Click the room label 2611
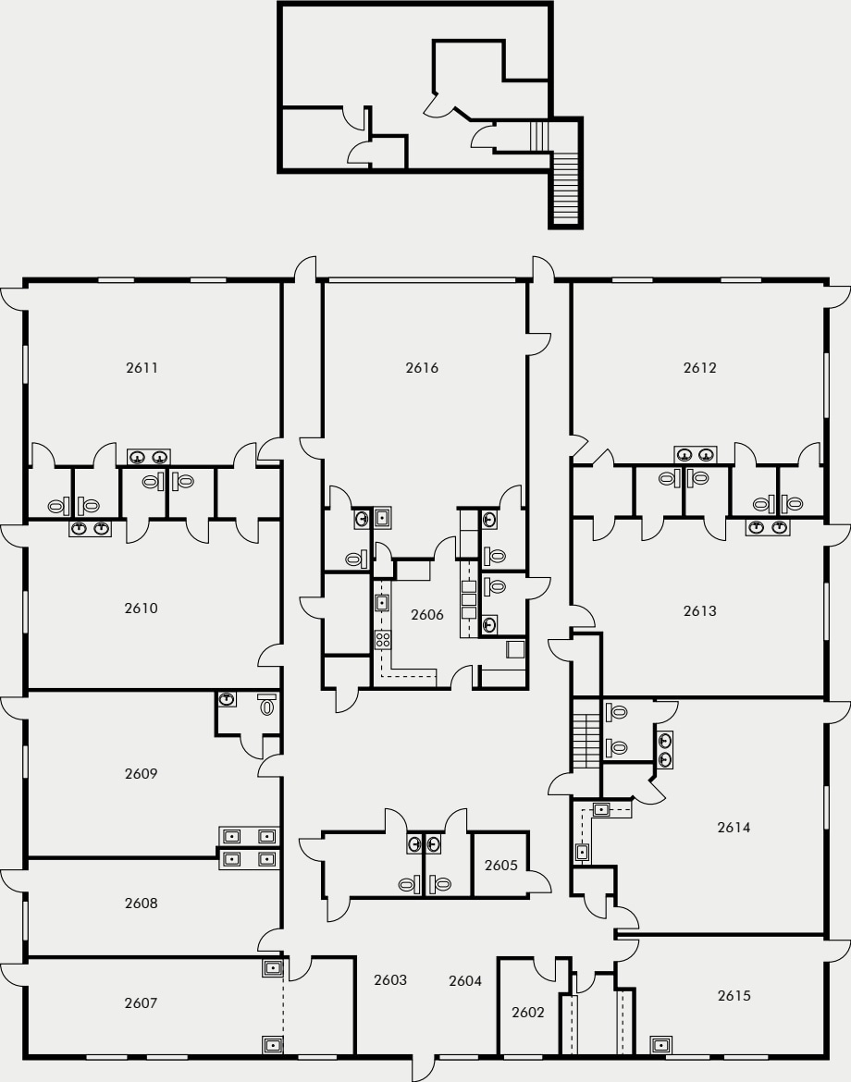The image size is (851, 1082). coord(142,367)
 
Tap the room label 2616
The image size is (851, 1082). coord(422,367)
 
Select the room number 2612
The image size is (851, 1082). coord(700,367)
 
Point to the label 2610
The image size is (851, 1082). coord(141,608)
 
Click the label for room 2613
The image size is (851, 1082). coord(700,610)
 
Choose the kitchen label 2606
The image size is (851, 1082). coord(427,614)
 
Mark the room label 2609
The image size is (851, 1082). coord(141,773)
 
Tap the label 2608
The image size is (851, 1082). coord(141,903)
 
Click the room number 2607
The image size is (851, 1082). coord(141,1002)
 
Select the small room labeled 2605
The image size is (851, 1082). coord(500,866)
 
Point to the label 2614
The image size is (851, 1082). coord(734,827)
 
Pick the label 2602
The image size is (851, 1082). coord(528,1012)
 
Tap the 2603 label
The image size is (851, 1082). coord(390,979)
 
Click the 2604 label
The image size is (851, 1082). coord(465,980)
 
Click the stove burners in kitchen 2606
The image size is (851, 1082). coord(382,639)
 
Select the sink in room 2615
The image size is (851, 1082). coord(661,1045)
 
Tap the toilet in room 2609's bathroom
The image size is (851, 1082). coord(267,707)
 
